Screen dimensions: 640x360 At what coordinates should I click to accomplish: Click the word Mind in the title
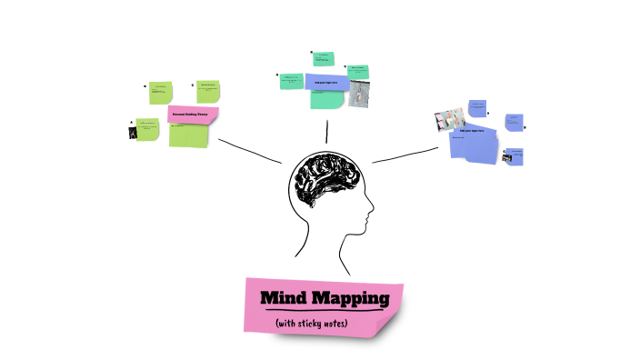(285, 298)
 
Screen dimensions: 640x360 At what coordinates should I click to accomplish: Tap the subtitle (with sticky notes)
(312, 323)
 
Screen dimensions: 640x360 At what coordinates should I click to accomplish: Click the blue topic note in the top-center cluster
(325, 83)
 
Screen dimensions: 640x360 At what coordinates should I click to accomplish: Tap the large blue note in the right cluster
(475, 143)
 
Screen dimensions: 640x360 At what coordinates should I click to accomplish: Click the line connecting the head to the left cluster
(249, 151)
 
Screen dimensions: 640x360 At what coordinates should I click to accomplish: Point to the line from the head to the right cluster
(405, 154)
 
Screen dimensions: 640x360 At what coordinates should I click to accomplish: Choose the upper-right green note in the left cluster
(209, 91)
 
